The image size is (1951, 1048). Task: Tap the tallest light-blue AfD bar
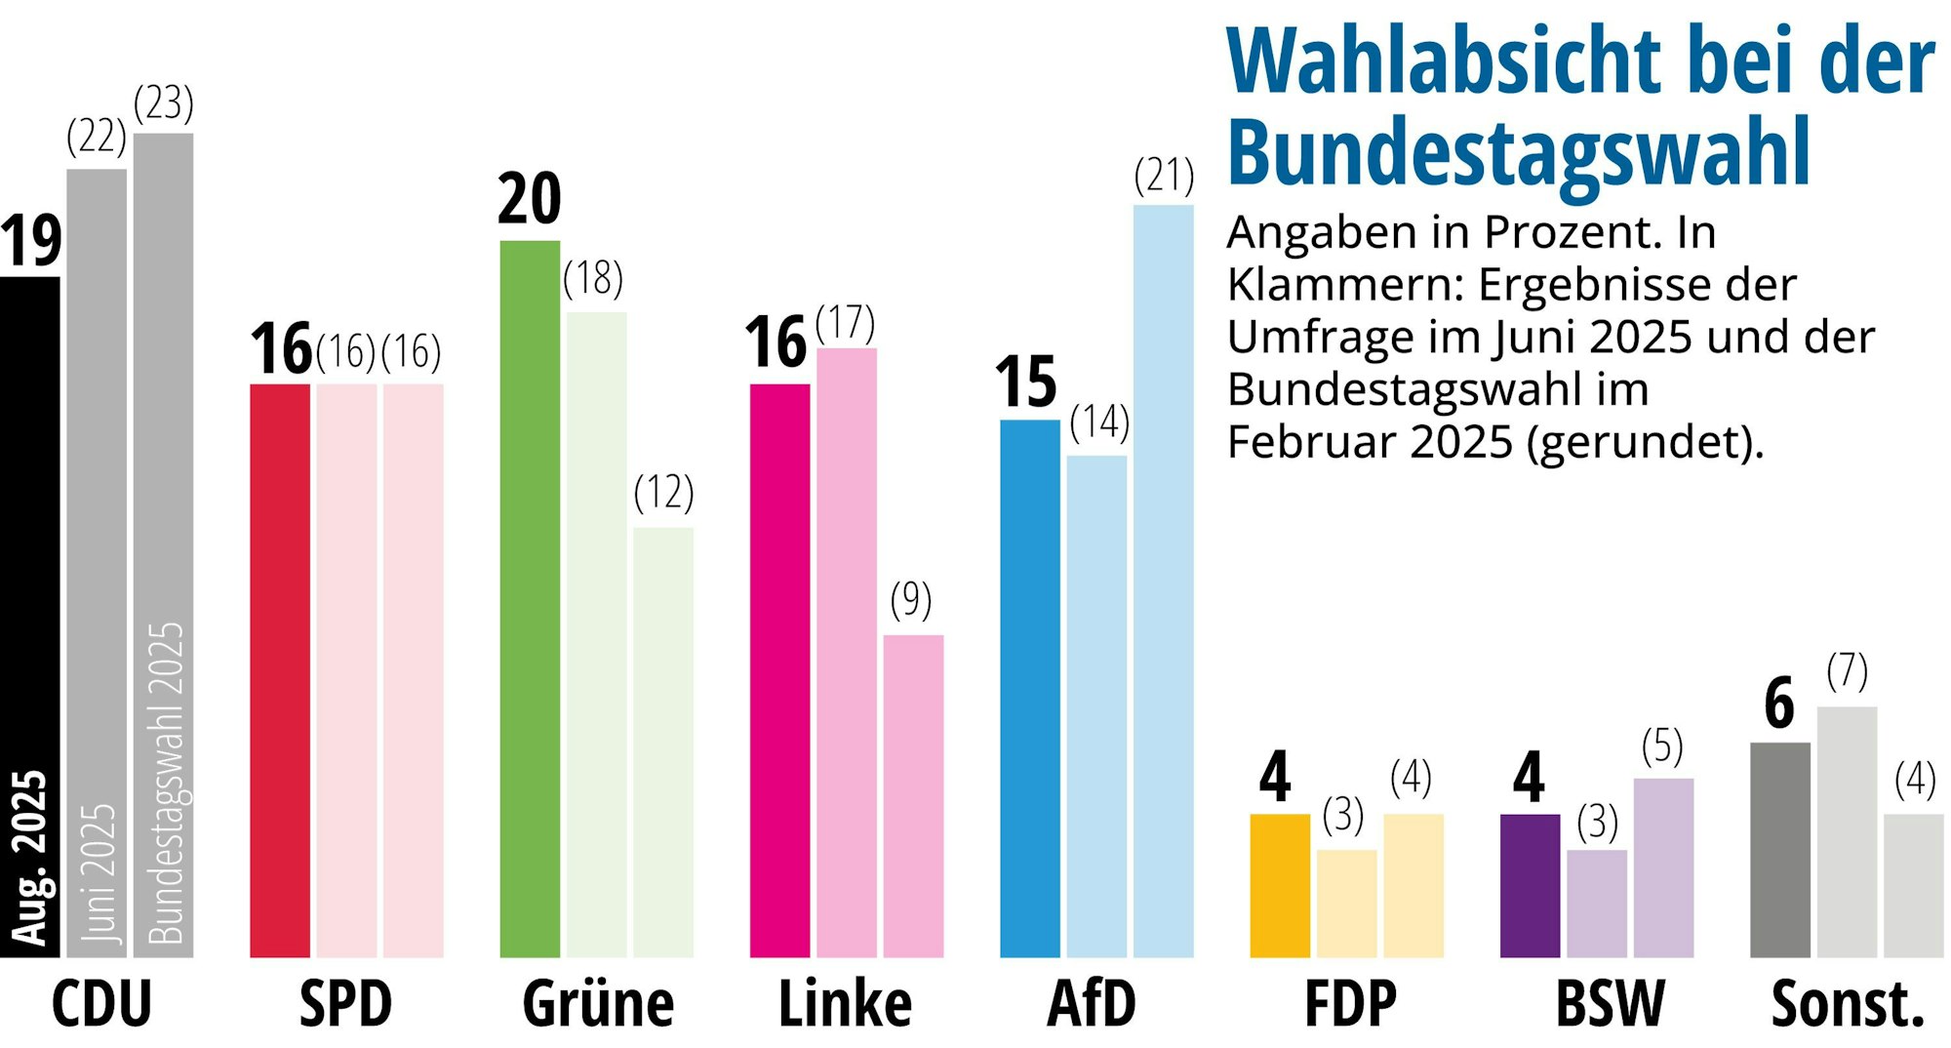(1163, 581)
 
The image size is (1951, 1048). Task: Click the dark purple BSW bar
(1530, 885)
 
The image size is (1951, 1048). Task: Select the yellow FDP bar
(1280, 885)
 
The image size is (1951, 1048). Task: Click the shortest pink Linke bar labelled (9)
(913, 795)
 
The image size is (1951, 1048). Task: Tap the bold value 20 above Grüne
(530, 199)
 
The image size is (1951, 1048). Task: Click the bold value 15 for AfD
(1026, 382)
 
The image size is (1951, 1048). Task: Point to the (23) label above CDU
(164, 103)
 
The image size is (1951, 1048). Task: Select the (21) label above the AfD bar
(1164, 176)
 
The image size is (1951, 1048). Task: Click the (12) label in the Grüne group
(663, 493)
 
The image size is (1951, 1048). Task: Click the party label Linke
(845, 1004)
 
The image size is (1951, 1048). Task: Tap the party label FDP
(1350, 1004)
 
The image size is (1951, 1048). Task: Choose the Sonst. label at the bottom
(1848, 1004)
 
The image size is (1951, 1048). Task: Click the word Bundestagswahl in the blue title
(1518, 151)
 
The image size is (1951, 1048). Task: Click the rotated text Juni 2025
(98, 873)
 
